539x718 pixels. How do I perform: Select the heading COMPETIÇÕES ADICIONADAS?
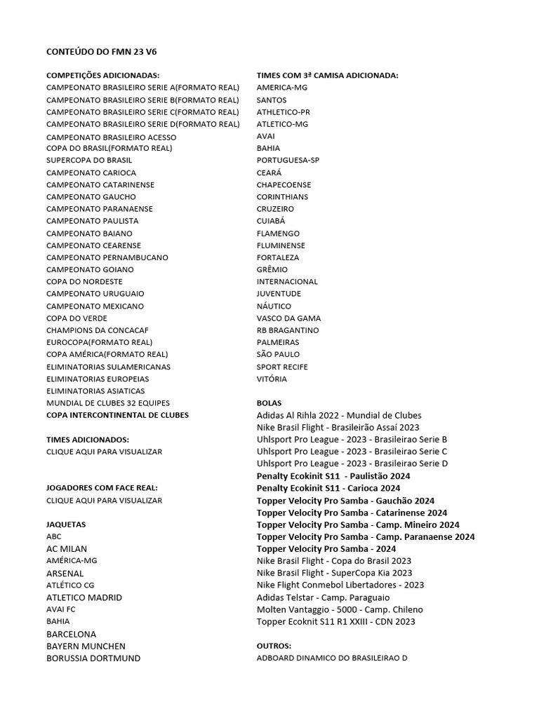click(x=102, y=76)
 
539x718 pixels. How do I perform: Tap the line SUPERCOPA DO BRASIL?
click(x=89, y=161)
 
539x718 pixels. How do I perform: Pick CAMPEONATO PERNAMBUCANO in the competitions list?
click(x=107, y=257)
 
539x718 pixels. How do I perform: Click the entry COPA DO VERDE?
click(x=76, y=318)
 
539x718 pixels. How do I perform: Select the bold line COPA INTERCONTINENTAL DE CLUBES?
click(x=117, y=415)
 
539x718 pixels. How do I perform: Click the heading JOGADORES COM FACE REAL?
click(x=102, y=488)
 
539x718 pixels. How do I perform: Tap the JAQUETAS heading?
click(x=66, y=524)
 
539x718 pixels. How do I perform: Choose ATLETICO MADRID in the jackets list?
click(x=84, y=597)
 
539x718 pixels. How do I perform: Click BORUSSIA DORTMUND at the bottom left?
click(x=93, y=658)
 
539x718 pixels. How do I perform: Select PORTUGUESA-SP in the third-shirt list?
click(x=288, y=161)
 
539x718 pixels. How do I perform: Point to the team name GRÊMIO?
click(x=272, y=269)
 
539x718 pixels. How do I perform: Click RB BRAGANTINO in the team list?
click(x=288, y=330)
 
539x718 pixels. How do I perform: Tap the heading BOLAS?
click(x=269, y=403)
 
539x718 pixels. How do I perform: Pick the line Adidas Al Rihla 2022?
click(x=339, y=415)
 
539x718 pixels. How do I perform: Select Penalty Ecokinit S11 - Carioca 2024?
click(x=328, y=488)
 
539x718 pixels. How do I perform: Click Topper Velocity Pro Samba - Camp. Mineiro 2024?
click(x=358, y=524)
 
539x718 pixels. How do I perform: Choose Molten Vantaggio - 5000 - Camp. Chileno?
click(x=340, y=609)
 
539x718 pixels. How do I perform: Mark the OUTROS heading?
click(x=274, y=646)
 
